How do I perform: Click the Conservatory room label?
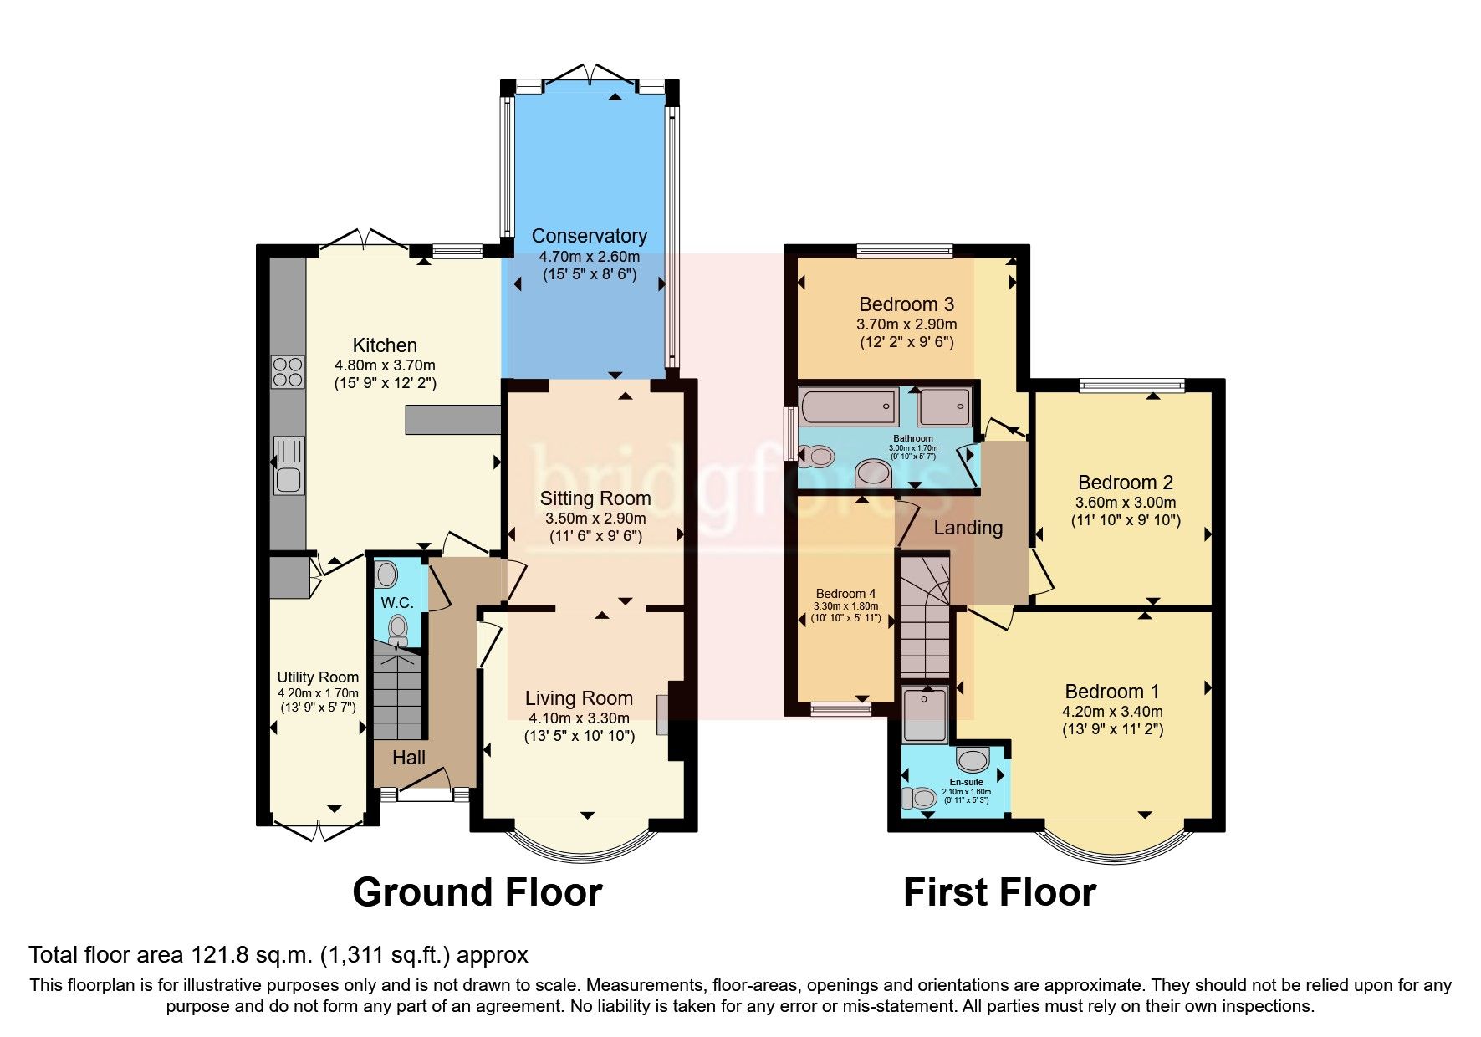pos(589,236)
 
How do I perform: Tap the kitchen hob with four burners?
pos(287,371)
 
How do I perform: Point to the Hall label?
pos(409,758)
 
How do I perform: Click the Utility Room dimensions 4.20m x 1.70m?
pos(318,693)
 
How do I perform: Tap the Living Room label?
pos(579,698)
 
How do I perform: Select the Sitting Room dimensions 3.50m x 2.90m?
pos(595,518)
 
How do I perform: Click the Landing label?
pos(968,528)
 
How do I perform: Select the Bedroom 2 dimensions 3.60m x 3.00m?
pos(1125,503)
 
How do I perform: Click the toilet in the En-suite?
pos(919,798)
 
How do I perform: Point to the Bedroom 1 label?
pos(1111,692)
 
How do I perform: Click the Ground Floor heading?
pos(477,892)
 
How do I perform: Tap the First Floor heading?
pos(999,892)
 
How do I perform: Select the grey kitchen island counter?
pos(452,420)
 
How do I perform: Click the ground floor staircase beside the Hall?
pos(398,694)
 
